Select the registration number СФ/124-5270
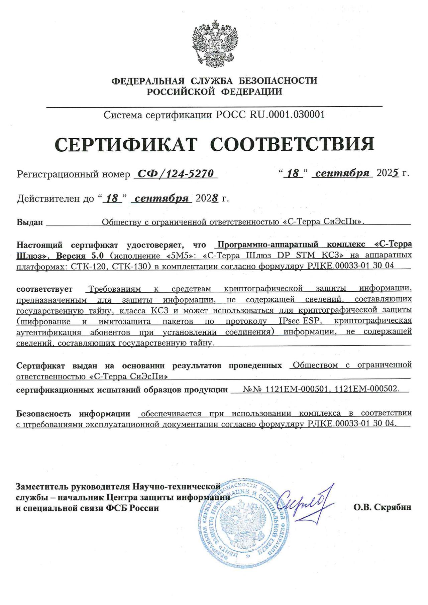[175, 174]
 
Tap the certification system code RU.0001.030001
[287, 115]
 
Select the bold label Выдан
[30, 222]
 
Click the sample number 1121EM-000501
[296, 389]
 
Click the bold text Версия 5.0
[80, 256]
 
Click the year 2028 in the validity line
[207, 199]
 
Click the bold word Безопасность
[44, 414]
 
